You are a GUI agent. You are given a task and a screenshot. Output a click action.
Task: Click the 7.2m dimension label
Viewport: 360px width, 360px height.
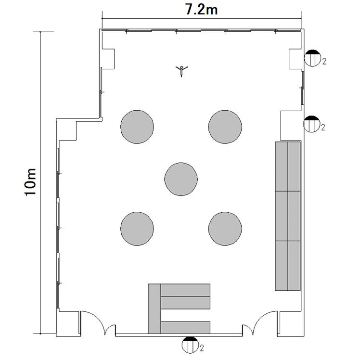(x=201, y=10)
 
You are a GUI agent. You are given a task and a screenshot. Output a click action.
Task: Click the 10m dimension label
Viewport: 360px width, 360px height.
(x=30, y=182)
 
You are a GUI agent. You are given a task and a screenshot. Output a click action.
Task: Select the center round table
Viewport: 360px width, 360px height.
(x=181, y=179)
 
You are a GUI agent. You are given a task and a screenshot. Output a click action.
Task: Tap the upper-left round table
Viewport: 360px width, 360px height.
(x=137, y=127)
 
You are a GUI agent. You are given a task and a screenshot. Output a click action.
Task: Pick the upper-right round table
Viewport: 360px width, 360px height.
(x=225, y=127)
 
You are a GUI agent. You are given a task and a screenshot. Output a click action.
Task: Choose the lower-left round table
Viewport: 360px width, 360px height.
(x=137, y=229)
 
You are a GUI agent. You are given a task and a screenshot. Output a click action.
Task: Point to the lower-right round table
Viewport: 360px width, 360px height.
(x=225, y=229)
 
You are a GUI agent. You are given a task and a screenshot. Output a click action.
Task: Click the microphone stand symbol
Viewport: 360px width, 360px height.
(x=181, y=71)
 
